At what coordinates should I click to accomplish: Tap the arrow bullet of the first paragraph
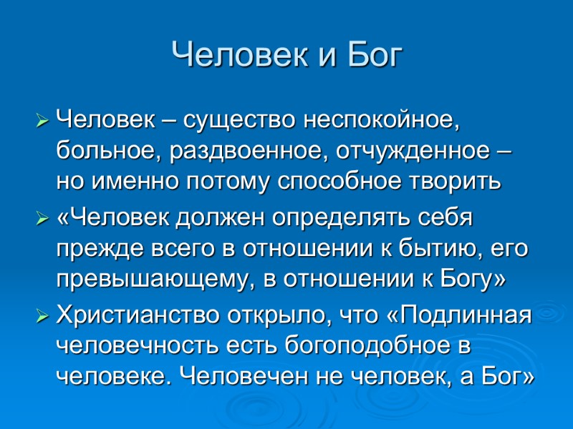[x=42, y=117]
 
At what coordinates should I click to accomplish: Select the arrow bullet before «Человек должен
[x=42, y=216]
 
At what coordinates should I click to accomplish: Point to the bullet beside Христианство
[x=42, y=315]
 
